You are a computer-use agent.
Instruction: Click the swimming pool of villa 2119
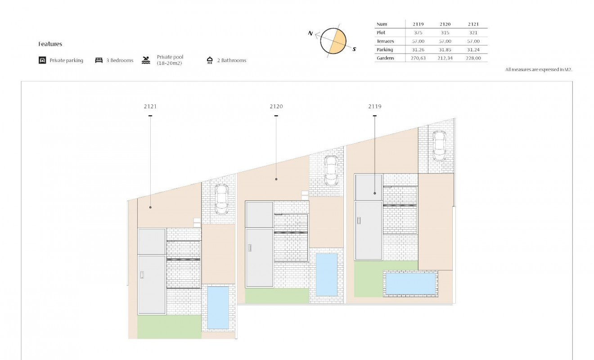411,283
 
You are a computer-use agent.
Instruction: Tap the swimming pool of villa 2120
327,274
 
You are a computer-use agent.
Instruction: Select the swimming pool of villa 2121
218,307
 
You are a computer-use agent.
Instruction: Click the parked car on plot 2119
439,145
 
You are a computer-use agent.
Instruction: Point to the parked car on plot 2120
331,171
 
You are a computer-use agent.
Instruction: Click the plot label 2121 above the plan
150,107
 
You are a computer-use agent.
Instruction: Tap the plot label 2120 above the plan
276,107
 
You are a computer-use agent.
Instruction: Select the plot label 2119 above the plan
375,107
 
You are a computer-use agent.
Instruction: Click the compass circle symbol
333,41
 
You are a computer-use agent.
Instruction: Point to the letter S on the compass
354,49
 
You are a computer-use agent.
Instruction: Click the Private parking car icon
42,60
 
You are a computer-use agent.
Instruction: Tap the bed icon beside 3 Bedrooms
99,60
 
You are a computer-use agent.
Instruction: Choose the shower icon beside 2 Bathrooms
210,60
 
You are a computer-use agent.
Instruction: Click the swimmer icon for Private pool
146,60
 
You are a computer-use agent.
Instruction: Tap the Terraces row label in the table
385,41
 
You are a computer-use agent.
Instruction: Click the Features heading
50,44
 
